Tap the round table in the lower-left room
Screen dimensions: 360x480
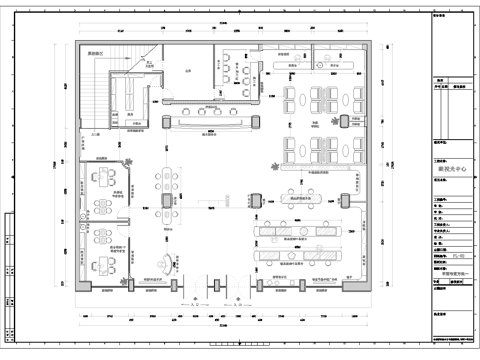[x=103, y=262]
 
